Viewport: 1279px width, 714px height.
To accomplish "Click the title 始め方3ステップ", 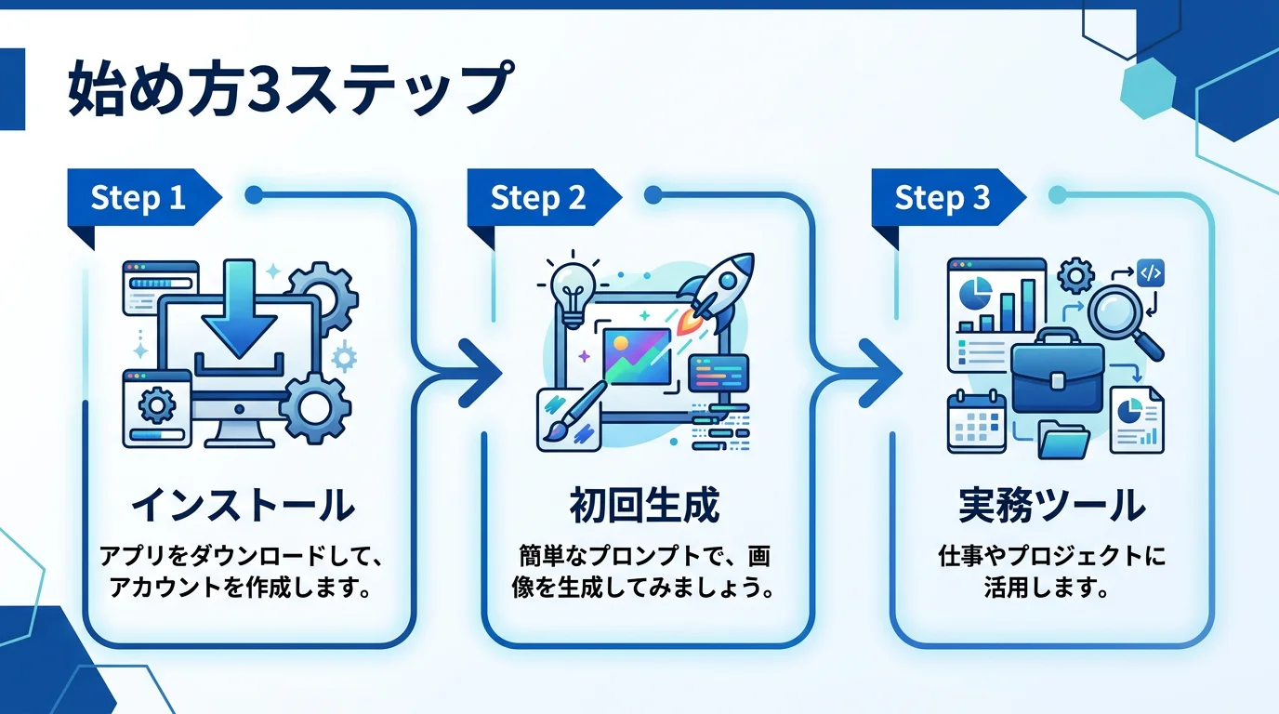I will (288, 90).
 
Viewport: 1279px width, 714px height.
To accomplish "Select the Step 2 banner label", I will (538, 198).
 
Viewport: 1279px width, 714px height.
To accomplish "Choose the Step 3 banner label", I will (942, 198).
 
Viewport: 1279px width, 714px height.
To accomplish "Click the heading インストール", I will (243, 507).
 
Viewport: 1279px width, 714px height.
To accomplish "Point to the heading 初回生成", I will (644, 507).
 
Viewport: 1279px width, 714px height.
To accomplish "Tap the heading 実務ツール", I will (1051, 507).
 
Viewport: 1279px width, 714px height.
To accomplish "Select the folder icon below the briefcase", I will (1064, 439).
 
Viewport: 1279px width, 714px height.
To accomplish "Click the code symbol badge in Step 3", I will (1151, 273).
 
